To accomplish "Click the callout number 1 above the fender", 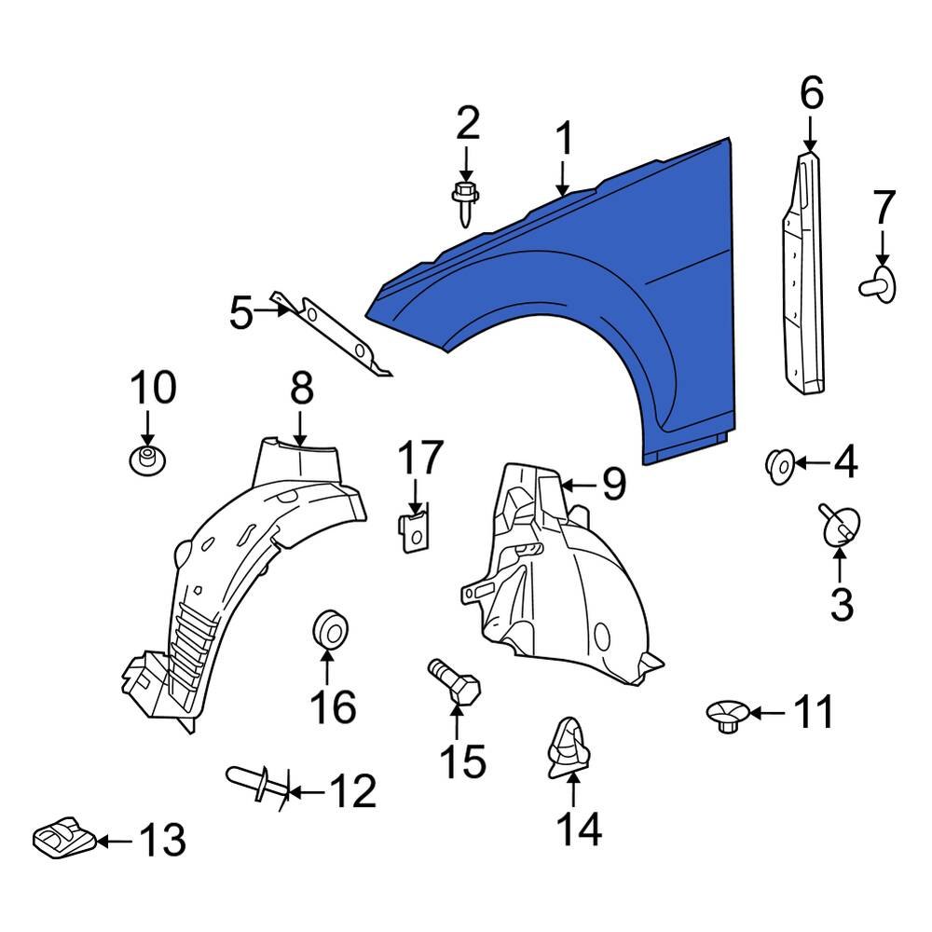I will [x=563, y=140].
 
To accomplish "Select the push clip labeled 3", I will [x=841, y=528].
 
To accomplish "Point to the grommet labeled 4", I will [x=779, y=463].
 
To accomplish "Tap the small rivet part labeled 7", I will [x=878, y=283].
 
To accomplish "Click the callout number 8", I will [x=301, y=390].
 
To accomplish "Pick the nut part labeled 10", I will [x=144, y=459].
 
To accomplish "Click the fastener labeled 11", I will [x=726, y=716].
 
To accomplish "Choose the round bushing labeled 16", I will [x=328, y=628].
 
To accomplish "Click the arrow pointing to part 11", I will [x=767, y=714].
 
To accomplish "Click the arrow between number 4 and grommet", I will [x=813, y=462].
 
